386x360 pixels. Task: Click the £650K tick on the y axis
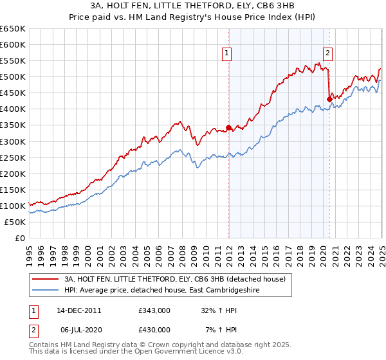pyautogui.click(x=13, y=29)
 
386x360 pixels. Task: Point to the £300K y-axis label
pyautogui.click(x=13, y=141)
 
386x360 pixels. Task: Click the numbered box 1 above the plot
pyautogui.click(x=228, y=53)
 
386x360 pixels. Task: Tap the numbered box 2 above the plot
pyautogui.click(x=328, y=53)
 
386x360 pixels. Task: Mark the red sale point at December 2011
pyautogui.click(x=228, y=127)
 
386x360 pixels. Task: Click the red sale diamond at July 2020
pyautogui.click(x=329, y=99)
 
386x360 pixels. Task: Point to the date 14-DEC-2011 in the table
pyautogui.click(x=79, y=310)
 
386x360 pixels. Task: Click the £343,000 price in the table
pyautogui.click(x=154, y=310)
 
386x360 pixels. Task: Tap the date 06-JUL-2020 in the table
pyautogui.click(x=78, y=329)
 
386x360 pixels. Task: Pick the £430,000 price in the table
pyautogui.click(x=154, y=329)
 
